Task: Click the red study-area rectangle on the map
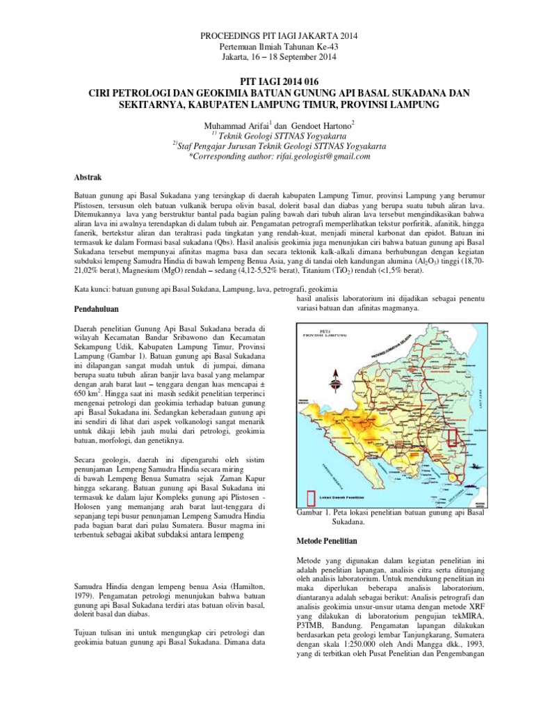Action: pos(452,436)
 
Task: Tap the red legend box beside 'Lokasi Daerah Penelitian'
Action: pos(310,495)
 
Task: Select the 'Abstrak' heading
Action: pos(88,178)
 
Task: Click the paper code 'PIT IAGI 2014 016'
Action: pos(267,81)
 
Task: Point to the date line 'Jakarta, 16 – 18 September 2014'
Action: pos(267,56)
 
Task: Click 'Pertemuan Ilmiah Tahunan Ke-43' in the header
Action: pos(267,46)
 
